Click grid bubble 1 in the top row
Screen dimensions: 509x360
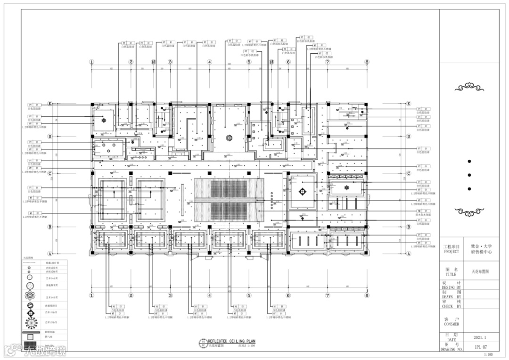[92, 62]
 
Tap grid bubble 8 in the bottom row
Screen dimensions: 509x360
[367, 295]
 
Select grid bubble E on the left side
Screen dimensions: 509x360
[49, 104]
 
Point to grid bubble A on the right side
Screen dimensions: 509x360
[409, 254]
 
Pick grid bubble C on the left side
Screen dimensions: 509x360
[49, 173]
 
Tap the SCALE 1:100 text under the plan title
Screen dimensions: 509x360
[247, 346]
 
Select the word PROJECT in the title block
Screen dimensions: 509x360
[451, 252]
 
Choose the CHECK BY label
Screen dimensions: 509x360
[451, 306]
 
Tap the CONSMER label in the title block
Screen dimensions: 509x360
[451, 324]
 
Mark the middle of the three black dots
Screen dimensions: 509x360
[469, 175]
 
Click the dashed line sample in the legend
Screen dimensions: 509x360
[30, 264]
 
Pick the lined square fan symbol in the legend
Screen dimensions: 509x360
[30, 337]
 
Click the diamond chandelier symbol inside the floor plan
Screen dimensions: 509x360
[302, 191]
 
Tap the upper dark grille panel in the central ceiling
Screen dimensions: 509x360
[229, 188]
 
